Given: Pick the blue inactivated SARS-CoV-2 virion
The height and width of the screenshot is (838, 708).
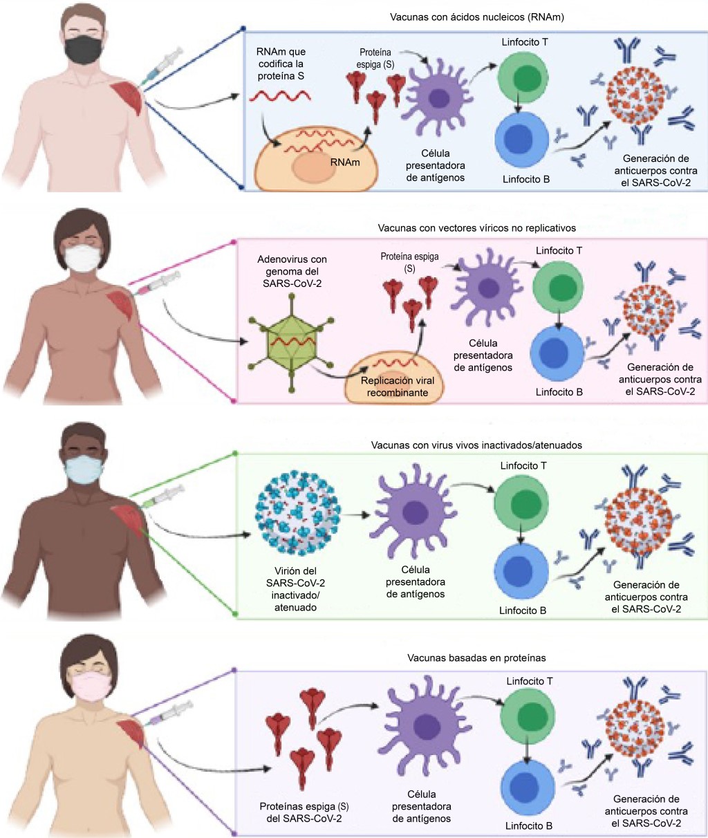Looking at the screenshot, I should (x=299, y=514).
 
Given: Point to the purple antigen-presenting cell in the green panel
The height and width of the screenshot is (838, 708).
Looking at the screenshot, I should (x=413, y=512).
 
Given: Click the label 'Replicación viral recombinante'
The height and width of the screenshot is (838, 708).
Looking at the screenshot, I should (x=397, y=387).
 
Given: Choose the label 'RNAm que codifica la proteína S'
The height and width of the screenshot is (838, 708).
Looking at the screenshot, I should (x=280, y=64).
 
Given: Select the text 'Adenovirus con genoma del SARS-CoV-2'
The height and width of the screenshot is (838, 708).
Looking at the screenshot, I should (x=292, y=272).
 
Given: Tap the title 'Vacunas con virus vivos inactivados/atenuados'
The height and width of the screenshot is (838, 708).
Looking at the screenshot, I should (x=476, y=445).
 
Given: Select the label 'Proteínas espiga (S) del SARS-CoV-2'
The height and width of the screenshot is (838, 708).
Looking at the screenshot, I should (x=304, y=812).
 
